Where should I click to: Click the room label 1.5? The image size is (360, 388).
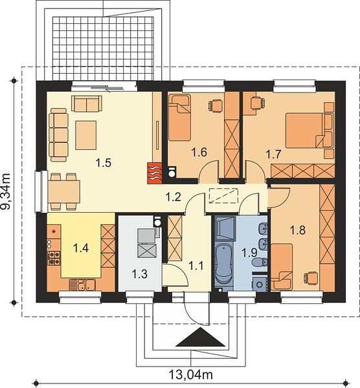pos(104,163)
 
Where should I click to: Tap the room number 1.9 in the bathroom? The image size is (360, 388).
pos(249,253)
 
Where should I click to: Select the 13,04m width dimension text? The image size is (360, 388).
pos(191,374)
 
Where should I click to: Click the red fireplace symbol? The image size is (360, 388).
pos(155,173)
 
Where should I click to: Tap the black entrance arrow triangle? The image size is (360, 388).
pos(201,337)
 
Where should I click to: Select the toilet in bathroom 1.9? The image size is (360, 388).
pos(260,262)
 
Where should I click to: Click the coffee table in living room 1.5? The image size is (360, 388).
pos(85,135)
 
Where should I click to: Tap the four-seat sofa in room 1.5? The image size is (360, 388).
pos(58,135)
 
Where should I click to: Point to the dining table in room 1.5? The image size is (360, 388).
pos(64,192)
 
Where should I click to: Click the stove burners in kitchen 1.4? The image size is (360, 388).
pos(54,257)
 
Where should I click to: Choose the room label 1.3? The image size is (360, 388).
pos(139,274)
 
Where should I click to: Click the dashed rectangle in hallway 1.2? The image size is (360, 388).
pos(223,196)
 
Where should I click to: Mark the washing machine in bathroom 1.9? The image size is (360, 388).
pos(260,284)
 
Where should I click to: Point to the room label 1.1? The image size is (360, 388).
pos(196,266)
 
